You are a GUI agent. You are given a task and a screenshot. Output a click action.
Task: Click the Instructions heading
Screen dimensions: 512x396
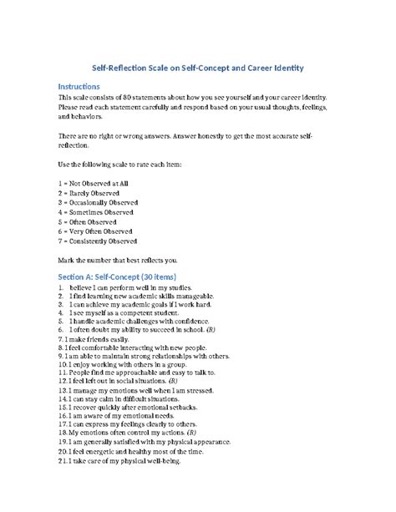click(x=87, y=86)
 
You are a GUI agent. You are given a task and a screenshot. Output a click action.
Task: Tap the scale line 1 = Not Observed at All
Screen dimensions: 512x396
click(x=97, y=181)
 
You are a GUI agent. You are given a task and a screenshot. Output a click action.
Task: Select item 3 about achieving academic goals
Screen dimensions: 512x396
click(x=148, y=307)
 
